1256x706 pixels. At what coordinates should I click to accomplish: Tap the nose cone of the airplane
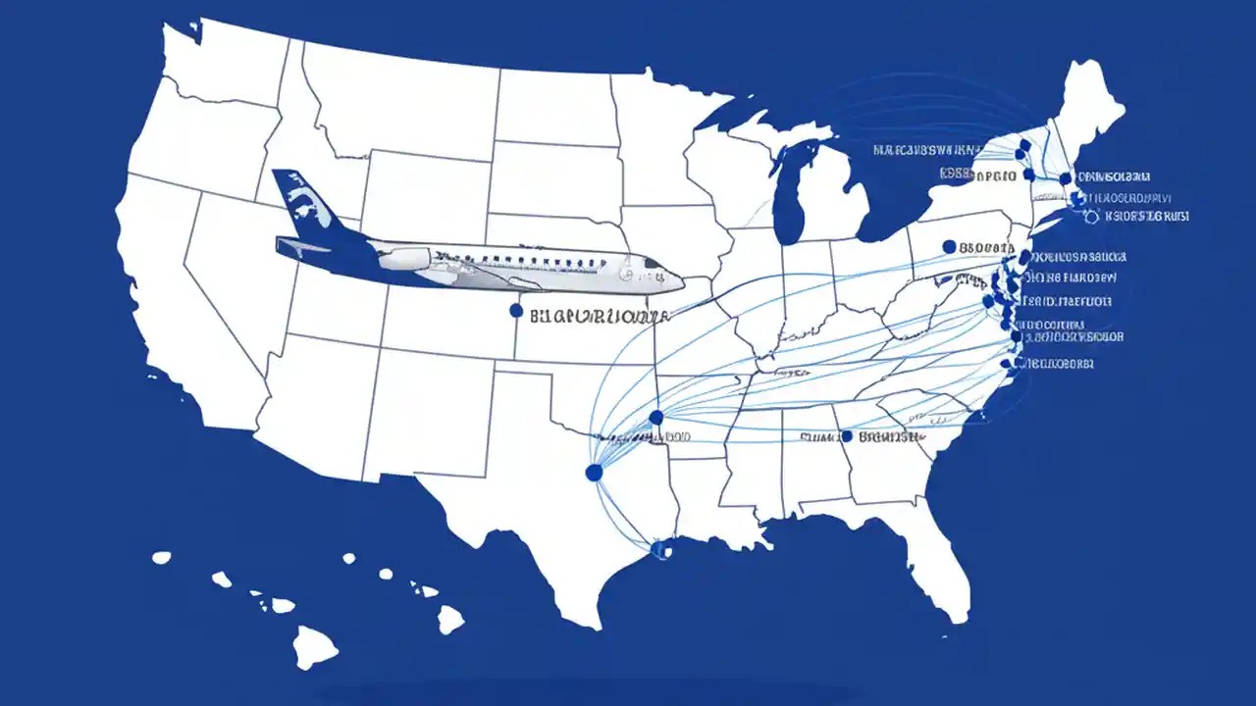[677, 283]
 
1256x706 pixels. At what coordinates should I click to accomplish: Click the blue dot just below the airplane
[516, 311]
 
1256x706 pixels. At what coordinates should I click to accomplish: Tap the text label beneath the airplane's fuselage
[599, 317]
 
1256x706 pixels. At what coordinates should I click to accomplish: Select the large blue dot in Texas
[593, 473]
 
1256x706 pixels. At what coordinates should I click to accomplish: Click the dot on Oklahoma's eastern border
[656, 418]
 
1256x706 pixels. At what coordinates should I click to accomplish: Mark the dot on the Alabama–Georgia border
[846, 435]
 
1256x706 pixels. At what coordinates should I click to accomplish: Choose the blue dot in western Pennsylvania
[948, 247]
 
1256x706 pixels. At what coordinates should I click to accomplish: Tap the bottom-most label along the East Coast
[1059, 364]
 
